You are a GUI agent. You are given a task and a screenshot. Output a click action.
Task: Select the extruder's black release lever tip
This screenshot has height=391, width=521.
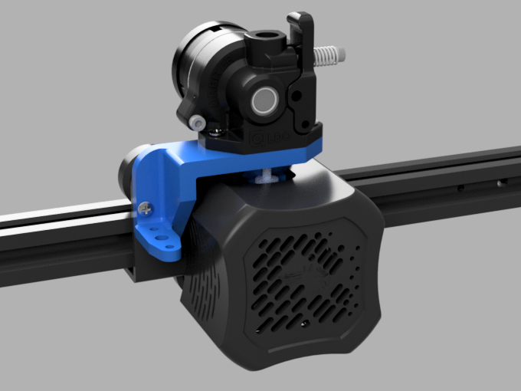click(x=300, y=17)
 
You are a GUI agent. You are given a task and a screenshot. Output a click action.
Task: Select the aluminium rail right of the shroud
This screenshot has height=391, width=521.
click(x=444, y=184)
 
